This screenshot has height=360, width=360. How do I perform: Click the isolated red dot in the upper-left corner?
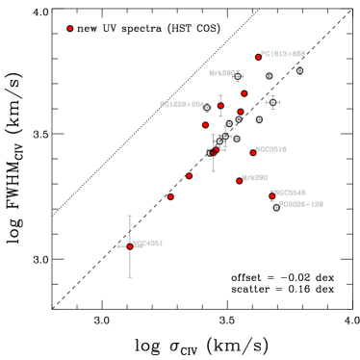[x=70, y=29]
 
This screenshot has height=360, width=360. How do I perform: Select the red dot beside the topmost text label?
[x=258, y=57]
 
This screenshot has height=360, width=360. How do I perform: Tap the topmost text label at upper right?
[x=283, y=54]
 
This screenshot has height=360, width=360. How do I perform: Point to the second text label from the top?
[x=221, y=73]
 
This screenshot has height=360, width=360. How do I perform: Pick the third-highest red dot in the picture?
[x=244, y=93]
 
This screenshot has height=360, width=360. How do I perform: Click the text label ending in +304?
[x=182, y=104]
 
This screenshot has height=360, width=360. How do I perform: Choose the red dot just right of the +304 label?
[x=220, y=106]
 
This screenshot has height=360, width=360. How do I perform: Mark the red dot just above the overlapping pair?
[x=205, y=125]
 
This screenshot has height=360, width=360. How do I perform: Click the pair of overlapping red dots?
[x=215, y=151]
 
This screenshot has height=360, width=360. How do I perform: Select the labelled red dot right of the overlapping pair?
[x=253, y=152]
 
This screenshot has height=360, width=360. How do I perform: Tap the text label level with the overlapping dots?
[x=271, y=149]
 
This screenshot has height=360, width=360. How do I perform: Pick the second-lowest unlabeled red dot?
[x=189, y=176]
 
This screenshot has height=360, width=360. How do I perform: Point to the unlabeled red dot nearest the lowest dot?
[x=170, y=196]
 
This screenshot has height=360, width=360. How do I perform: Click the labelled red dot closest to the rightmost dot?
[x=240, y=180]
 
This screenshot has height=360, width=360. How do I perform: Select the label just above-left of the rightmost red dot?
[x=255, y=177]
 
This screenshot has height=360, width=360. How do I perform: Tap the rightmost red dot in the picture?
[x=272, y=195]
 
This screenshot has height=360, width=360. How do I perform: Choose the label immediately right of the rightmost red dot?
[x=290, y=193]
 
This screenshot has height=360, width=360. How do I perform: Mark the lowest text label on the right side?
[x=300, y=204]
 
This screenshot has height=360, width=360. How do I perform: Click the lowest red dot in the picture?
[x=130, y=246]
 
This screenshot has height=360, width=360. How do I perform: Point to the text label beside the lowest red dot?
[x=147, y=244]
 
